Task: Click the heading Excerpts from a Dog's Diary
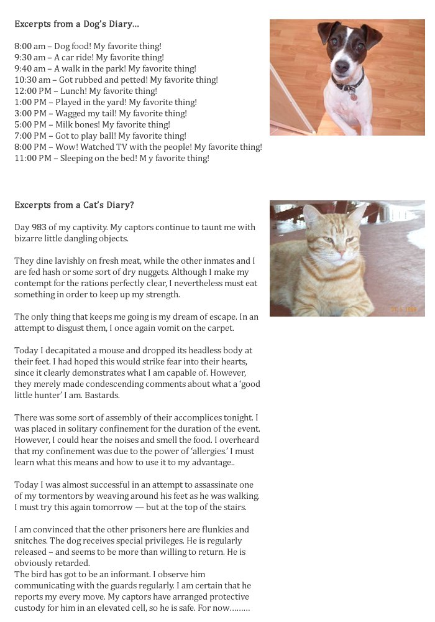76,24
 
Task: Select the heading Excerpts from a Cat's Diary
74,205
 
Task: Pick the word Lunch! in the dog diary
75,91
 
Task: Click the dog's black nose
342,64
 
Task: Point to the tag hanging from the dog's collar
354,96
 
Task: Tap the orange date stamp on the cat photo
404,309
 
